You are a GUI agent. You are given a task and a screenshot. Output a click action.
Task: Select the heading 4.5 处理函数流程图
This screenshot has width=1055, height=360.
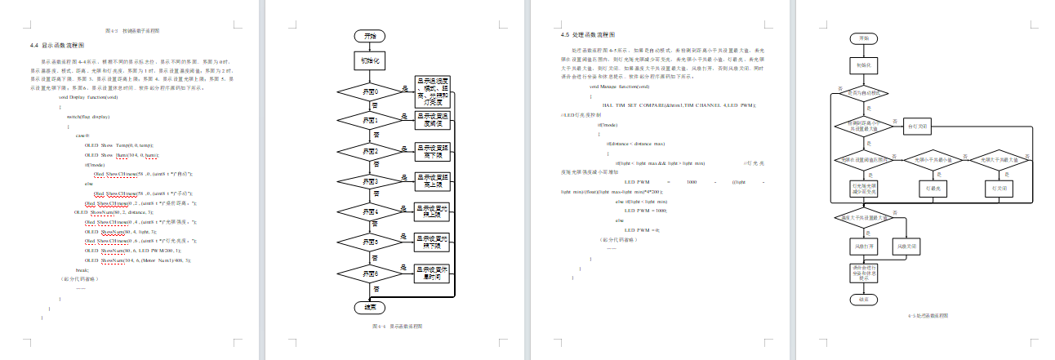(587, 35)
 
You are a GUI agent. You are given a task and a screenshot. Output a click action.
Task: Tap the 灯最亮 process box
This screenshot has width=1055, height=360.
(933, 188)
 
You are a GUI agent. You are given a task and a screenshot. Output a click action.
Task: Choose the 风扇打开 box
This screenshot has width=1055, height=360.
(865, 246)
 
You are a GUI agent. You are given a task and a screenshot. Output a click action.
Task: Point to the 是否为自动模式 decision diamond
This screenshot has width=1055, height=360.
(865, 92)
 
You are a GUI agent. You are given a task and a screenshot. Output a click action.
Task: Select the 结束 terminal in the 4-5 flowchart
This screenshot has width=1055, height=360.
(865, 300)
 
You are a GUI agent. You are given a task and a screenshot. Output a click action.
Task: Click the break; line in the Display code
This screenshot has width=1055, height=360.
(82, 269)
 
